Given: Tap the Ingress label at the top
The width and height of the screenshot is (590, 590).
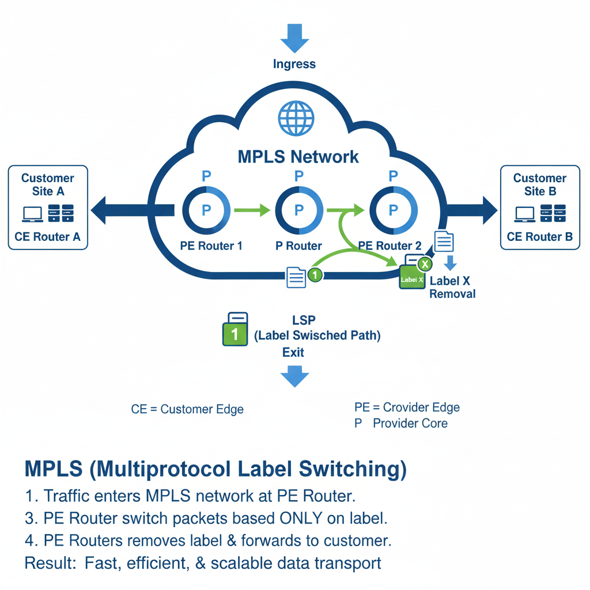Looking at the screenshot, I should pyautogui.click(x=294, y=64).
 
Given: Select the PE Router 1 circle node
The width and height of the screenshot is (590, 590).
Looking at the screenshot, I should pyautogui.click(x=207, y=210).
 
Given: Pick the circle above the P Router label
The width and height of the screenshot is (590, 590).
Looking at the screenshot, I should pyautogui.click(x=298, y=210).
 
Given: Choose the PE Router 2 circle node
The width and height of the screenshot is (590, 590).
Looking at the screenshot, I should pyautogui.click(x=393, y=210).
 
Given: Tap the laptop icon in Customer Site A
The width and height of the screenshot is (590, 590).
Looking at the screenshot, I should pyautogui.click(x=32, y=214).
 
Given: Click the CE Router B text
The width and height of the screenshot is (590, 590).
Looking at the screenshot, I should pyautogui.click(x=539, y=237).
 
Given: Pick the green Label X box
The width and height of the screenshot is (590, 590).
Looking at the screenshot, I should pyautogui.click(x=413, y=278).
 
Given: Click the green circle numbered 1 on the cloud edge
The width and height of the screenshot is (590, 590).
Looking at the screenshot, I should pyautogui.click(x=315, y=275).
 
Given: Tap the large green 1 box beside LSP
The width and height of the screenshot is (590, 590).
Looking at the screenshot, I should pyautogui.click(x=235, y=332).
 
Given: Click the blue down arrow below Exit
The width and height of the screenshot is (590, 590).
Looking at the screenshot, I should pyautogui.click(x=294, y=377).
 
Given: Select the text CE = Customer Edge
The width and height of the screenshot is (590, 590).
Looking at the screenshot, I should pyautogui.click(x=187, y=410).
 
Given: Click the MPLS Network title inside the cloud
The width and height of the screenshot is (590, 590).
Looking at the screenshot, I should pyautogui.click(x=298, y=157).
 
